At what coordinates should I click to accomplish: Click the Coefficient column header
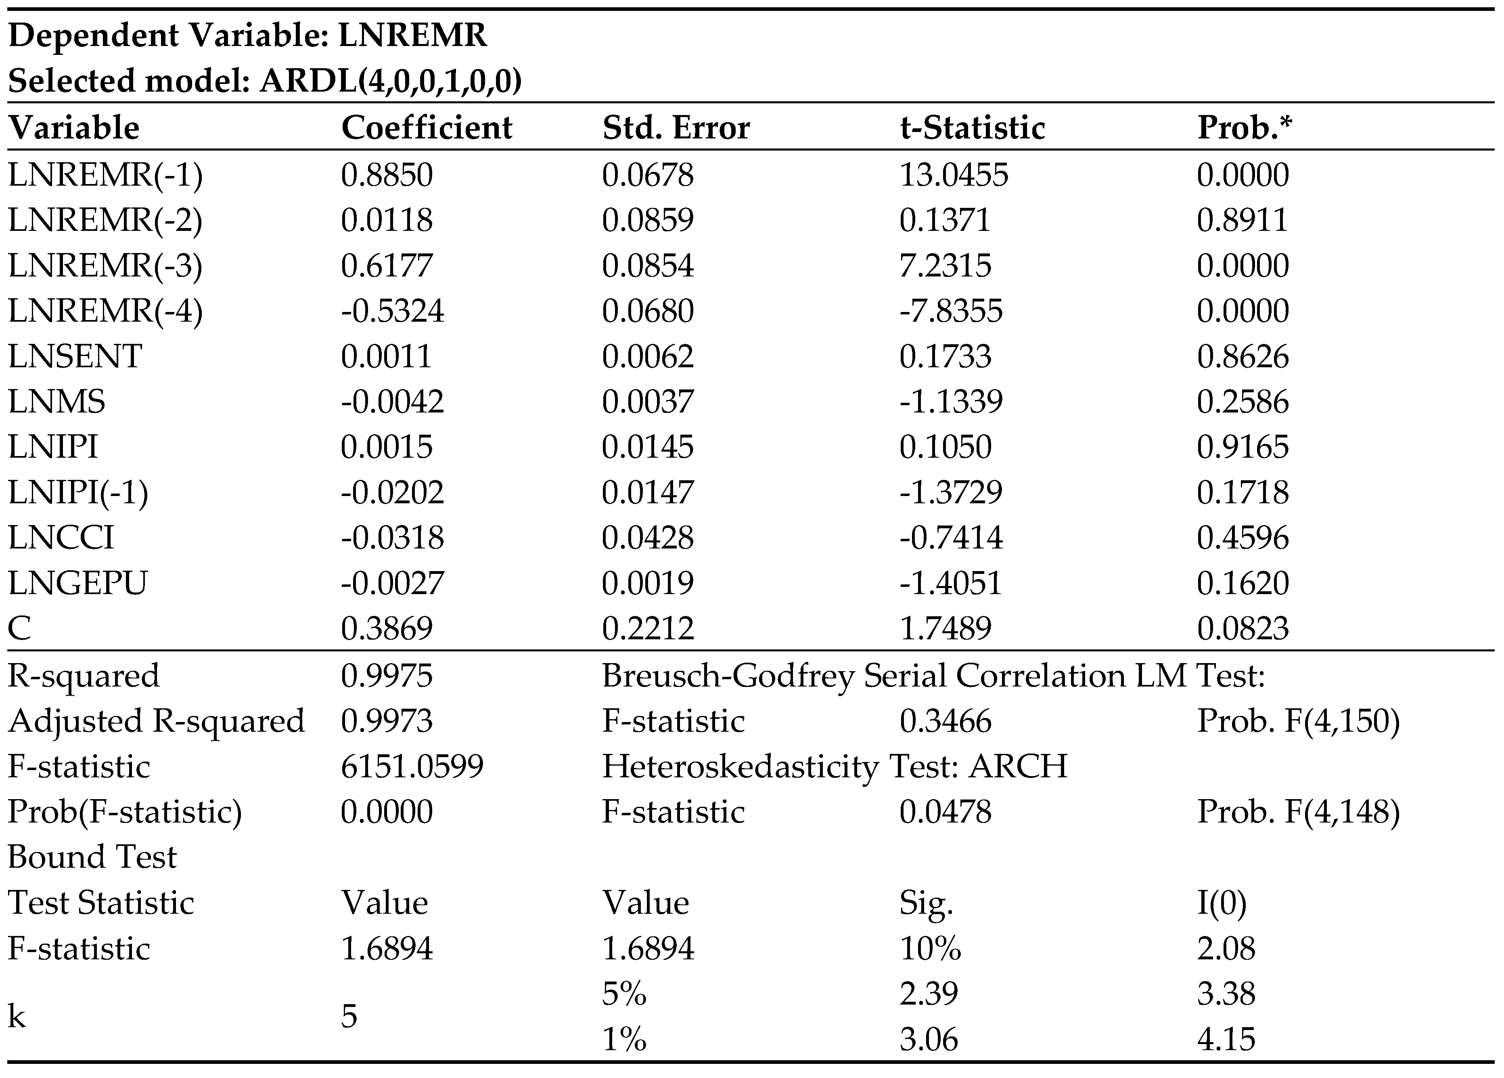427,128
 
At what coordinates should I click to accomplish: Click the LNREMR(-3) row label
105,265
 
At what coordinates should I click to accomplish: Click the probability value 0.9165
1242,446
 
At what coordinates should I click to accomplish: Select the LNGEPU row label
77,582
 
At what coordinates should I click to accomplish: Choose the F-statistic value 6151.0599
412,766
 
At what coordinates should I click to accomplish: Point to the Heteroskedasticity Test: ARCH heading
834,766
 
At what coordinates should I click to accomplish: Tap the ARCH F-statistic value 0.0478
945,811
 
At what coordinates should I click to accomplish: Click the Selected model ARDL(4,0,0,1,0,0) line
265,81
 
